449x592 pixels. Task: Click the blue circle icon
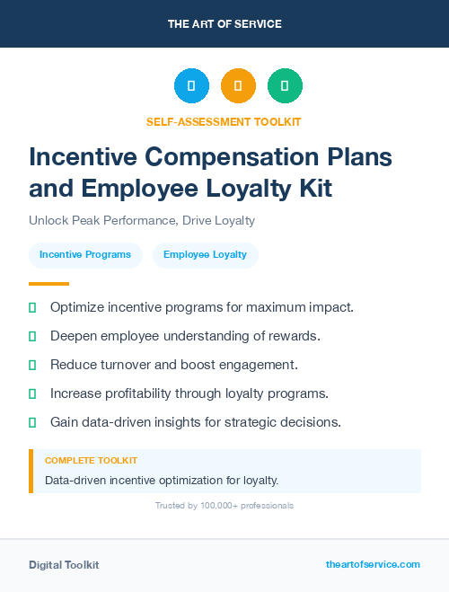pos(191,86)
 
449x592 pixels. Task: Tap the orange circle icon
pos(238,86)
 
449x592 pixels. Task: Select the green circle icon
pos(285,86)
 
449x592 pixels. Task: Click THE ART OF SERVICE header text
pos(224,24)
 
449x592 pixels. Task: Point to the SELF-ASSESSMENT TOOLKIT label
pos(224,121)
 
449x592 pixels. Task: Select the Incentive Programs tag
pos(85,255)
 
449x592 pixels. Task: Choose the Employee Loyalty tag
pos(205,255)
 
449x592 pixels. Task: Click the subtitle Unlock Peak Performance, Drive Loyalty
pos(142,220)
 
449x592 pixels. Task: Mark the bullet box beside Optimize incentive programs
pos(32,307)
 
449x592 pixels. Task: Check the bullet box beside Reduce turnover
pos(32,365)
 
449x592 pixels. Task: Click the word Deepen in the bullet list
pos(75,336)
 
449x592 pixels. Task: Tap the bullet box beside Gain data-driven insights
pos(32,422)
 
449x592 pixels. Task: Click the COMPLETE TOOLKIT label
pos(85,460)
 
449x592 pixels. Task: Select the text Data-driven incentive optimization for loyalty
pos(162,480)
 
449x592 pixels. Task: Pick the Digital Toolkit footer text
pos(64,564)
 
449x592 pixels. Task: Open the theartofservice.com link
pos(373,564)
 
